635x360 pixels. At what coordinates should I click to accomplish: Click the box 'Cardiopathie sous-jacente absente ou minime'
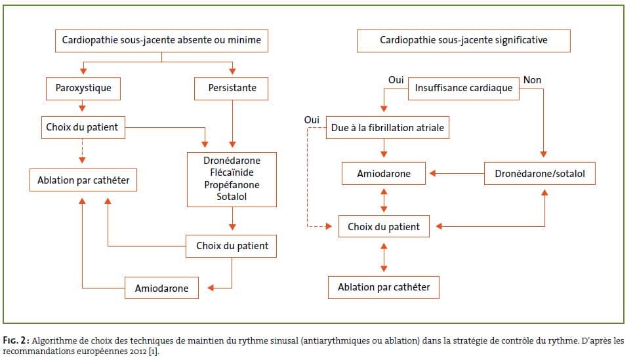click(x=161, y=41)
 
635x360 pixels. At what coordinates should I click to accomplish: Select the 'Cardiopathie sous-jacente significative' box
click(x=463, y=41)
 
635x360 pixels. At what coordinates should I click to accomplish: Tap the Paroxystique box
click(x=83, y=89)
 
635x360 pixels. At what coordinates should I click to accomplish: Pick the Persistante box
click(x=232, y=89)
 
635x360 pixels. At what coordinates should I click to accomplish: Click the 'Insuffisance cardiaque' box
click(x=464, y=89)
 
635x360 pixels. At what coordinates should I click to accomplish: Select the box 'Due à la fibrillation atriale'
click(x=388, y=128)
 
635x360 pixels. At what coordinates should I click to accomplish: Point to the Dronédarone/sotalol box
click(x=540, y=174)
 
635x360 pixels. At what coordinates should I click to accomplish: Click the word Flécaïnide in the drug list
click(x=232, y=172)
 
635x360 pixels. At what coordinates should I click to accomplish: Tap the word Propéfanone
click(x=232, y=185)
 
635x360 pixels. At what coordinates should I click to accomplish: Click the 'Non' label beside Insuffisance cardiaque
click(x=532, y=80)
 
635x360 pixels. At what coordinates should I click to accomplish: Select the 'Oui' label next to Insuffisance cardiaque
click(x=396, y=80)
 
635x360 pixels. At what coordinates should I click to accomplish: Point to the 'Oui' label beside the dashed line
click(x=312, y=120)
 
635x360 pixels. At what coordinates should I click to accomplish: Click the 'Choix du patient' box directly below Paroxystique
click(x=83, y=128)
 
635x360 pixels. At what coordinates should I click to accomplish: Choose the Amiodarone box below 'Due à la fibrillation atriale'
click(x=384, y=174)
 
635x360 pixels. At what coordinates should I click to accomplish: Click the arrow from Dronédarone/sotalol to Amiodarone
click(x=457, y=173)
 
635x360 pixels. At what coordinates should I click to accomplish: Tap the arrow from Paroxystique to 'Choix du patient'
click(x=82, y=106)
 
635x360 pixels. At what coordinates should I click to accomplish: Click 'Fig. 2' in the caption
click(x=16, y=340)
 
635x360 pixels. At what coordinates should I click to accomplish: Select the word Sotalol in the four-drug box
click(x=232, y=197)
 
